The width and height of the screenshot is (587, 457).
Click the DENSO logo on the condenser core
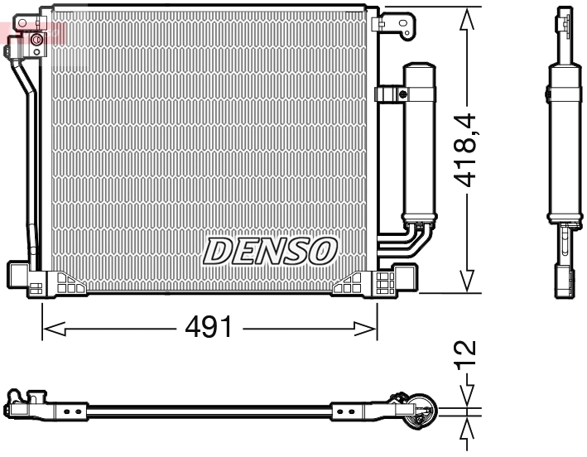pos(270,250)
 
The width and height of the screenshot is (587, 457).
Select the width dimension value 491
pos(208,328)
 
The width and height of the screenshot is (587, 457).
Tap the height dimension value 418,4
pos(469,149)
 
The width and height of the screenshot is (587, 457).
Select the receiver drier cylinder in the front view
pos(418,141)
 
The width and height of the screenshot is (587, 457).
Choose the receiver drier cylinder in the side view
pos(564,141)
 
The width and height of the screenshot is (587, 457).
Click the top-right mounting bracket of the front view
pos(398,22)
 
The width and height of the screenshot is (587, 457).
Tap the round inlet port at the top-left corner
pos(36,39)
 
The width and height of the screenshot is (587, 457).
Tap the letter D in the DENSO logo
pos(219,250)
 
